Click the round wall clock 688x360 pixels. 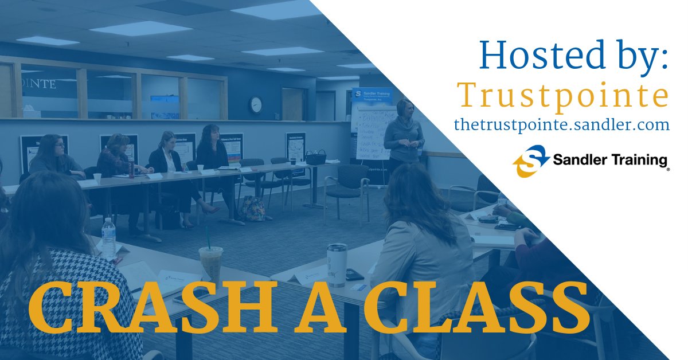click(256, 104)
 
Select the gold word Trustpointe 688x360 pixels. click(562, 96)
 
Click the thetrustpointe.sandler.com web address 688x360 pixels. click(561, 124)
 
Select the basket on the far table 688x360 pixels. click(315, 157)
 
